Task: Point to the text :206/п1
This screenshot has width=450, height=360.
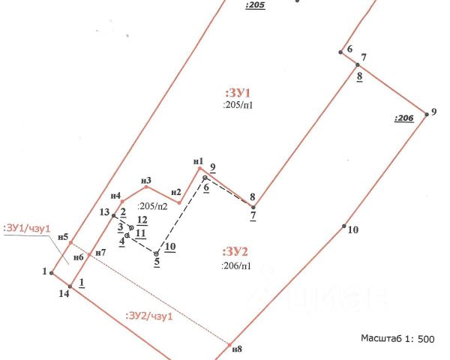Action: coord(235,265)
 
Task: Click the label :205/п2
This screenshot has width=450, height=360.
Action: coord(153,205)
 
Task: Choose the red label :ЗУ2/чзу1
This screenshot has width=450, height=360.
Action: coord(149,316)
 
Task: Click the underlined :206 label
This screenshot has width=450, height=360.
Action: coord(403,118)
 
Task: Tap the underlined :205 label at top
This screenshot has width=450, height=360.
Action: coord(255,4)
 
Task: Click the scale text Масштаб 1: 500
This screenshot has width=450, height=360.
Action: coord(397,339)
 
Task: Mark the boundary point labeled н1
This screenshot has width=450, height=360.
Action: coord(200,169)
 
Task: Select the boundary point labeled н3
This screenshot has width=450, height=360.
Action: coord(146,187)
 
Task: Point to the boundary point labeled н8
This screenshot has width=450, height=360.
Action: coord(229,343)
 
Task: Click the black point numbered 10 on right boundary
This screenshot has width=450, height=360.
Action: coord(344,226)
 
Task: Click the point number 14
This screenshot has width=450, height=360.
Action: coord(64,293)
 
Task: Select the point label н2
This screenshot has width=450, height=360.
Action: coord(176,192)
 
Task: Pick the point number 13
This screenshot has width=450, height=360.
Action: coord(105,212)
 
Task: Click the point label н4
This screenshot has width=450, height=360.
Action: coord(115,196)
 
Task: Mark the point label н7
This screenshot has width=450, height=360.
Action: coord(100,252)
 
